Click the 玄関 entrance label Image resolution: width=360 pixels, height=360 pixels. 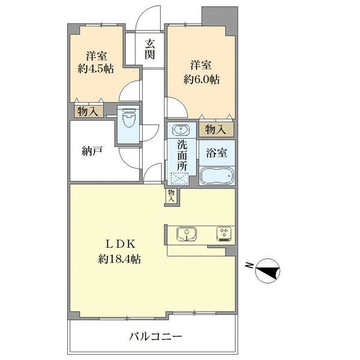tap(149, 49)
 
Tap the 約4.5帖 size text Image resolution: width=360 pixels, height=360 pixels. tap(95, 68)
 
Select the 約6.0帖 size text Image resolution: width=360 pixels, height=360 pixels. tap(201, 79)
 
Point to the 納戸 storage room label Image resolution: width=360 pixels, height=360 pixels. tap(92, 152)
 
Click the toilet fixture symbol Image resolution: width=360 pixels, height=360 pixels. tap(128, 118)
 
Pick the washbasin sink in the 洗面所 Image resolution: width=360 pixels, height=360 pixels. tap(181, 130)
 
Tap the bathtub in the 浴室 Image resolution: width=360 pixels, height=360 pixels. tap(217, 176)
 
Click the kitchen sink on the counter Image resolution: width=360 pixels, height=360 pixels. tap(187, 234)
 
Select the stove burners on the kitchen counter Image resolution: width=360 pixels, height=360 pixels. tap(224, 234)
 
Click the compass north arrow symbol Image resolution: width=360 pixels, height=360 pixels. tap(268, 271)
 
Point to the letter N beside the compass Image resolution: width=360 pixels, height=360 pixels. tap(249, 266)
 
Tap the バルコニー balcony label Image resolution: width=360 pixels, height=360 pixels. tap(155, 337)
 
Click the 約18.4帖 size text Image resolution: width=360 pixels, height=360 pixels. tap(119, 259)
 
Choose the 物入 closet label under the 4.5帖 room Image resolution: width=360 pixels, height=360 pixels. tap(88, 112)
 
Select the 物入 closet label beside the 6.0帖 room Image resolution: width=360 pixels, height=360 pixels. tap(216, 130)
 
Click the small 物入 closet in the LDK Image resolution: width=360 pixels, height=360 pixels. tap(172, 196)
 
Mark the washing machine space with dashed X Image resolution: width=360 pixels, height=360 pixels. tap(179, 179)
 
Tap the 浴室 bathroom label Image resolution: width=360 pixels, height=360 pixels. tap(217, 153)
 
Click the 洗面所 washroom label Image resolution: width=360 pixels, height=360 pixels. tap(182, 155)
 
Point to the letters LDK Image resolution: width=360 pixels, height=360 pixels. tap(120, 244)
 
